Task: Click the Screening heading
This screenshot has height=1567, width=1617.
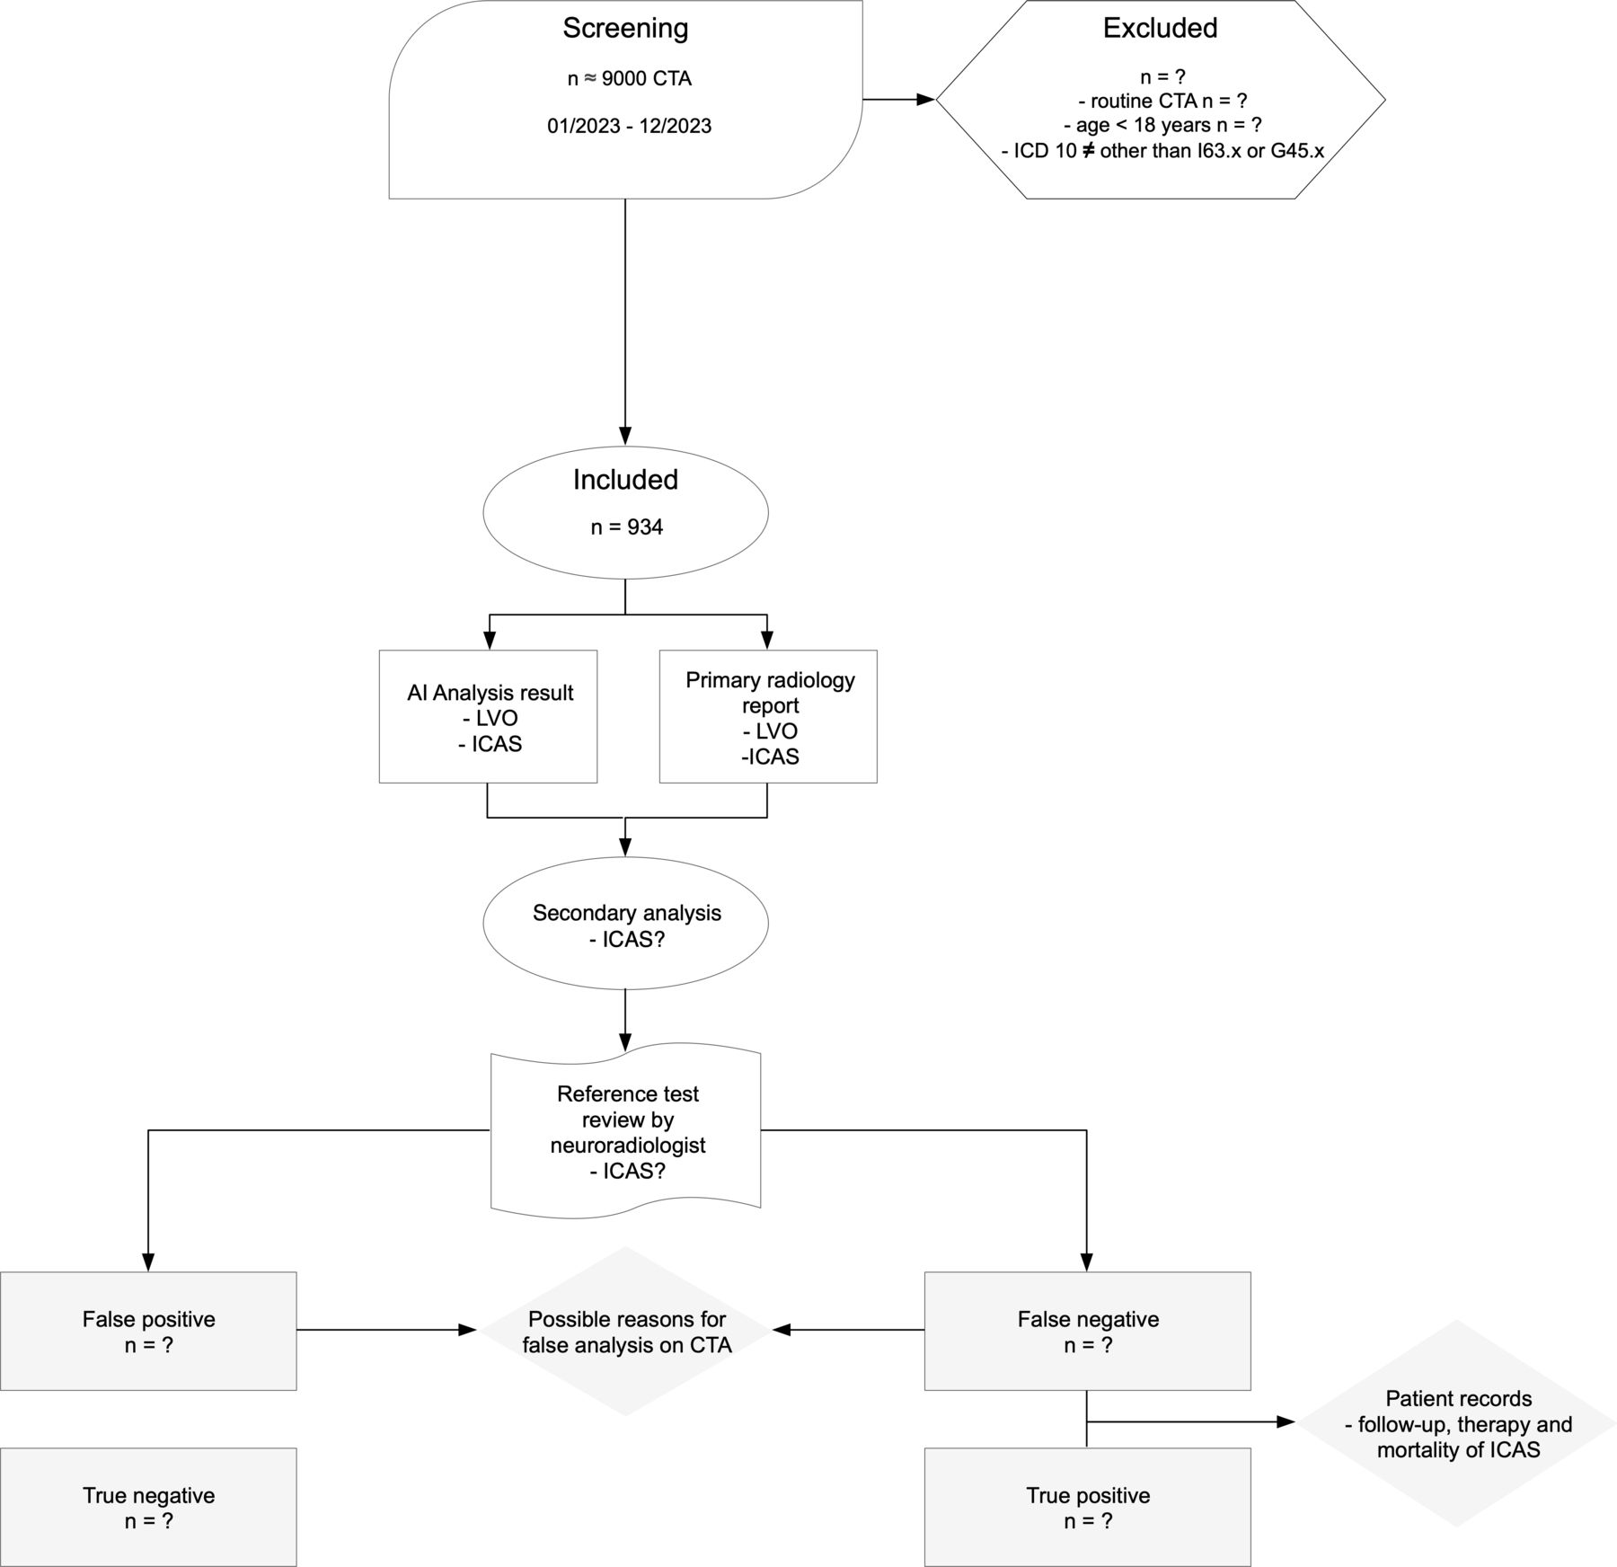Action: [625, 29]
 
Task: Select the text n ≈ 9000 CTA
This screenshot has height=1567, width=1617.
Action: [629, 79]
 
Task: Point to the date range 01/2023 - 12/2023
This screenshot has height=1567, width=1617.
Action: [629, 126]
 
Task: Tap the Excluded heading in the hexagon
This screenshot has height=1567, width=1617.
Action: [1160, 29]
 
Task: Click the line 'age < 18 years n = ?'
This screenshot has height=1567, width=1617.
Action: [1162, 126]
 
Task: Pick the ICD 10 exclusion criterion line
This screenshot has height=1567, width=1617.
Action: [1162, 151]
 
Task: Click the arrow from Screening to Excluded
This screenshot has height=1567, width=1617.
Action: [899, 100]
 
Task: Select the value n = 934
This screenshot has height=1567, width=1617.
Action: [626, 527]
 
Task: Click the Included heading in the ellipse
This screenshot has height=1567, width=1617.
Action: [625, 480]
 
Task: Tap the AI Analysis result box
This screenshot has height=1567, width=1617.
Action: [488, 716]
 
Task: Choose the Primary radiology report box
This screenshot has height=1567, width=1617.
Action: [768, 716]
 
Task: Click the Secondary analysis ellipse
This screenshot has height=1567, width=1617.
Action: [626, 924]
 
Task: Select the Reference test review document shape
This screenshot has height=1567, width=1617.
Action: [626, 1132]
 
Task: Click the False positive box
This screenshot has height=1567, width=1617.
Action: [148, 1331]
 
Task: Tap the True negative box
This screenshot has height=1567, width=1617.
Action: [148, 1507]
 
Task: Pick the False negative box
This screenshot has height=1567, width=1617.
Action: [1088, 1331]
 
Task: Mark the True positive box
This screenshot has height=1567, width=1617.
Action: [1088, 1507]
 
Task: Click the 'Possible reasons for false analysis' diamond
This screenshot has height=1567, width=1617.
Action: [626, 1331]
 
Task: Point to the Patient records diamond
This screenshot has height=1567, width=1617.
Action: [1457, 1423]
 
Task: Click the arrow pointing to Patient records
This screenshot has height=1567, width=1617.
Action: [1191, 1422]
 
